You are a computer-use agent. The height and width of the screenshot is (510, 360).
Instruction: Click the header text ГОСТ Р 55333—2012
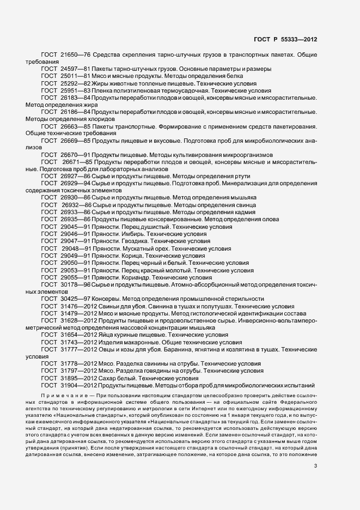(285, 39)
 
